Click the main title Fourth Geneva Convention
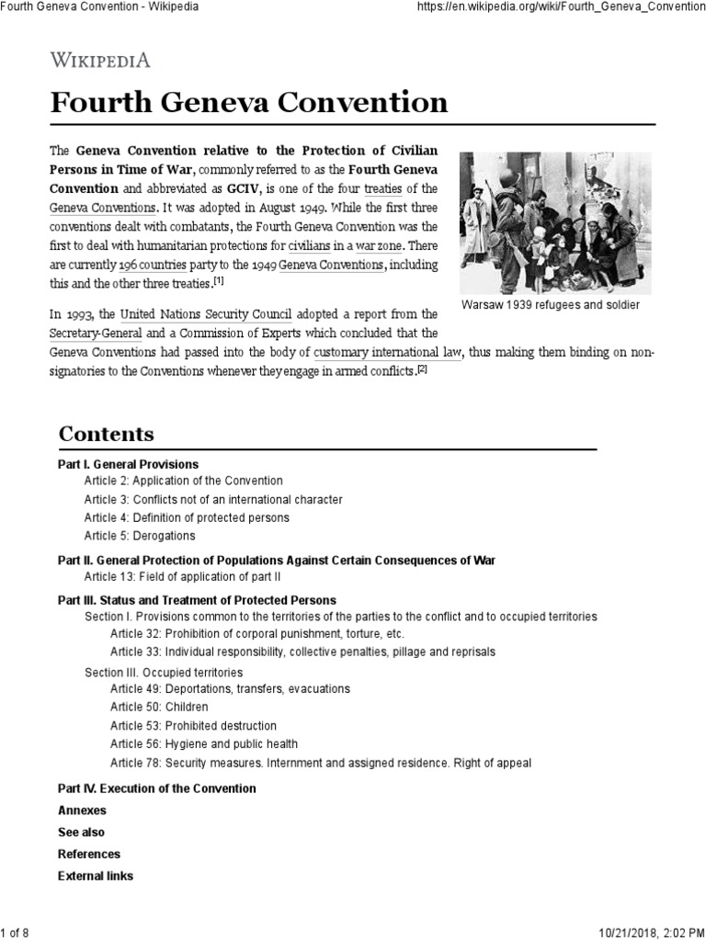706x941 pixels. (x=249, y=102)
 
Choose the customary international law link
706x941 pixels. (x=387, y=352)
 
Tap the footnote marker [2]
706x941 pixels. (x=422, y=369)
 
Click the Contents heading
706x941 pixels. (x=106, y=434)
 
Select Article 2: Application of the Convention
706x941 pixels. (x=184, y=481)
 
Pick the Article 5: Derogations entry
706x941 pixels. (x=140, y=536)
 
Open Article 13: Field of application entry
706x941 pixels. (x=182, y=577)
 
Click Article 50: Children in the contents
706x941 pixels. (x=159, y=707)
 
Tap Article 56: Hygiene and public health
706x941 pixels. (x=204, y=743)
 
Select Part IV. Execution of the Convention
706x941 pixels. (x=156, y=788)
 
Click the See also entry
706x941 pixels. (x=81, y=833)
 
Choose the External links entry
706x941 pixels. (x=95, y=876)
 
